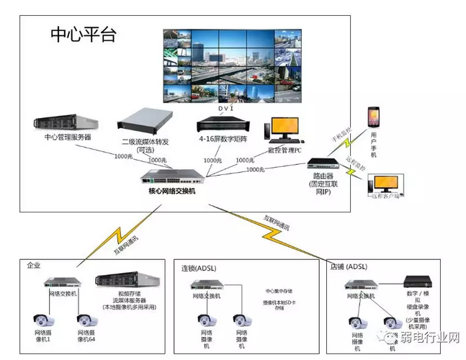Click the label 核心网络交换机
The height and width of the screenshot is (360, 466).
pyautogui.click(x=167, y=191)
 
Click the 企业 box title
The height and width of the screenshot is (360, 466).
pyautogui.click(x=34, y=265)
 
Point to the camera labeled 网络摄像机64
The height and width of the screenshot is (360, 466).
pyautogui.click(x=86, y=319)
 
